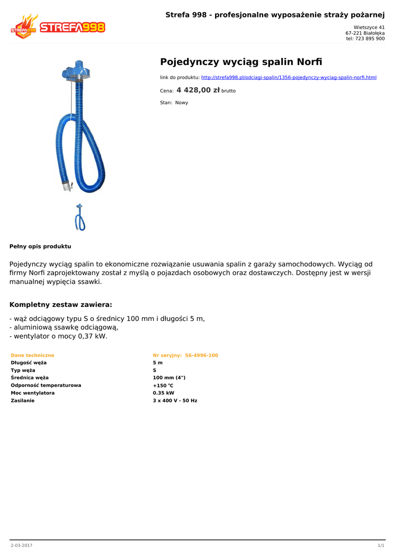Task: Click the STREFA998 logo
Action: (58, 27)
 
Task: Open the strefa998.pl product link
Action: (289, 78)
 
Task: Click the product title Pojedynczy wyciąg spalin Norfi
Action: (241, 61)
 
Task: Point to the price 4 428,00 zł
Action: (198, 90)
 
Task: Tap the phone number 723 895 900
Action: (370, 39)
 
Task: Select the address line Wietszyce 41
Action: (369, 27)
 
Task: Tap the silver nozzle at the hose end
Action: (67, 186)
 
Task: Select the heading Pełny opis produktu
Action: (40, 246)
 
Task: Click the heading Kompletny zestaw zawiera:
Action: (61, 305)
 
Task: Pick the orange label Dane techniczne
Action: (32, 355)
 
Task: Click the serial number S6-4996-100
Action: (202, 355)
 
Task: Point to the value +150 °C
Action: (163, 385)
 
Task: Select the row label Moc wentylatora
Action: (33, 393)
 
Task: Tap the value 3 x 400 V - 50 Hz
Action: (175, 400)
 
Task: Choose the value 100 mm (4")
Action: (169, 377)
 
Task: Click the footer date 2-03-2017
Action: (21, 545)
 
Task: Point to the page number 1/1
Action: (381, 545)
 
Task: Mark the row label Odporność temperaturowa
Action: (46, 385)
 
